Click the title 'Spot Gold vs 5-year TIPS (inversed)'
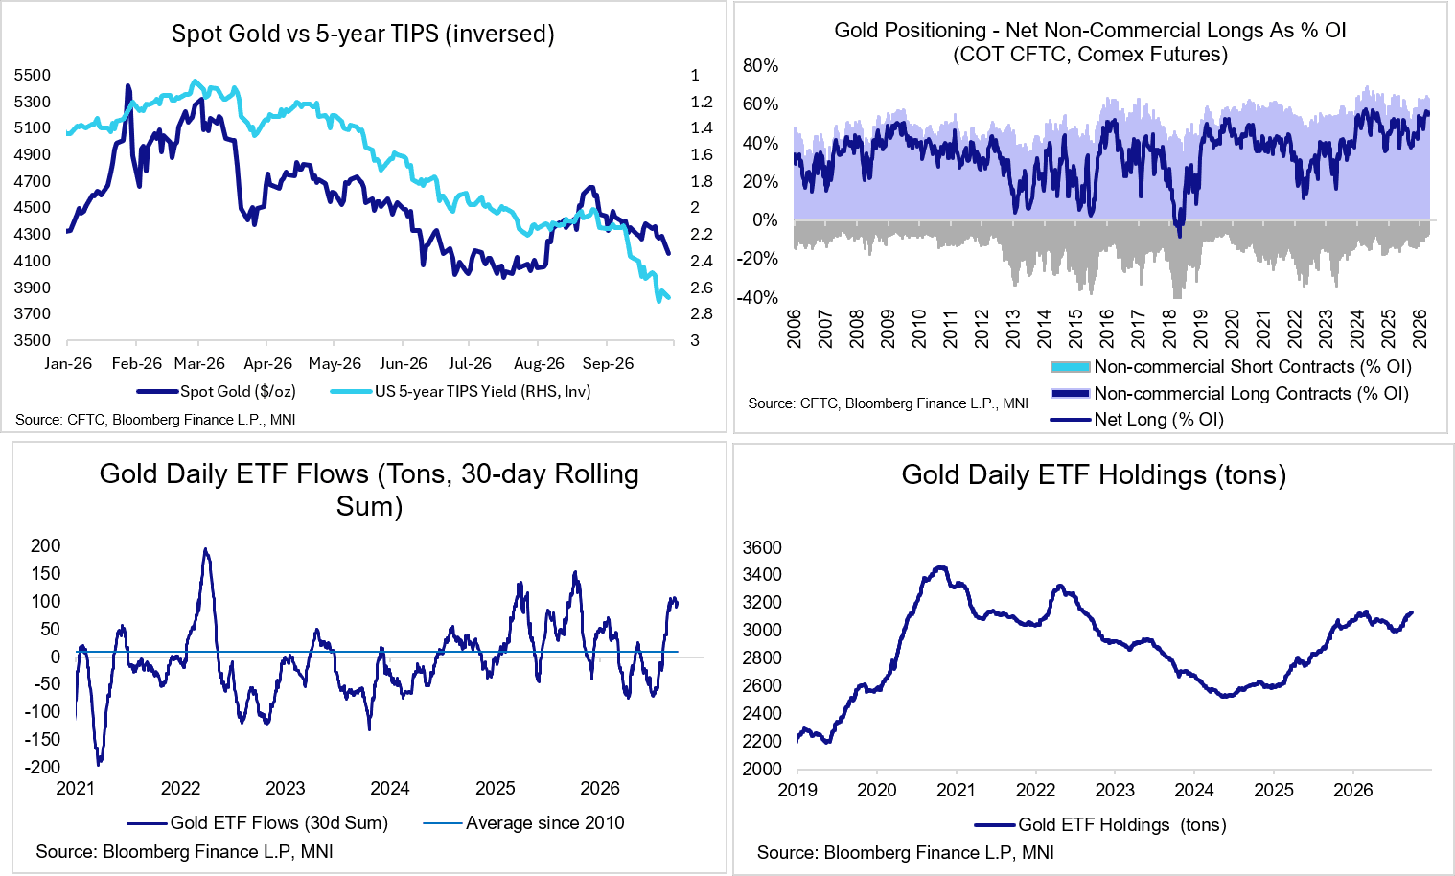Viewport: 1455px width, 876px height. coord(363,34)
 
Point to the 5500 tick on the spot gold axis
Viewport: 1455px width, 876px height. coord(32,76)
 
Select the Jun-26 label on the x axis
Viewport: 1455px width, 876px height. coord(403,363)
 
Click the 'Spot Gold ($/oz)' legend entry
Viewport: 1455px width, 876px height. coord(217,392)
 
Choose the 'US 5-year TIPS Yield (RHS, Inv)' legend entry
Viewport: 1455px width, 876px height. coord(460,392)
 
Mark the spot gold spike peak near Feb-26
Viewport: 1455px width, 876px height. coord(128,85)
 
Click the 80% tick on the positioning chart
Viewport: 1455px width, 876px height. coord(761,65)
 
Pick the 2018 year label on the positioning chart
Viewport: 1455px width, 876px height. coord(1170,330)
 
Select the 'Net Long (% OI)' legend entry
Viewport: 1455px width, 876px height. coord(1138,420)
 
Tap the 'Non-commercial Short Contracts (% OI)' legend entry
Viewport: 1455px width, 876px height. coord(1231,367)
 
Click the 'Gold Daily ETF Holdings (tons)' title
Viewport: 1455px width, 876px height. coord(1094,474)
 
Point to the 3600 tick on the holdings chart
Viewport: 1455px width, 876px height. coord(762,547)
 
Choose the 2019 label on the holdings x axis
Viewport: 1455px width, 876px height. coord(797,790)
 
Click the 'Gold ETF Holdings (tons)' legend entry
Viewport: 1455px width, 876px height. coord(1100,824)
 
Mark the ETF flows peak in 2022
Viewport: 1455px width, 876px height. coord(206,550)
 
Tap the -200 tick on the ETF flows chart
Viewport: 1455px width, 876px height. coord(42,767)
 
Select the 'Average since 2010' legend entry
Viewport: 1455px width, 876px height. coord(523,822)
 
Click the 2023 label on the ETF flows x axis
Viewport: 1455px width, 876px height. coord(286,789)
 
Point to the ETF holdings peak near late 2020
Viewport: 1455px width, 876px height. coord(940,568)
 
